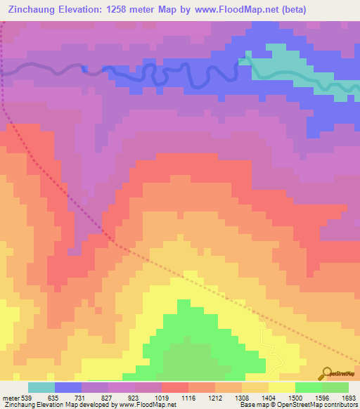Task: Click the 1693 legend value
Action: tap(348, 397)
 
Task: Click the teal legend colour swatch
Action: tap(41, 387)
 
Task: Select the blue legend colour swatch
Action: tap(68, 387)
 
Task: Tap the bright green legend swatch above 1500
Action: tap(309, 387)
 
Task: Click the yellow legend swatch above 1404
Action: tap(282, 387)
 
